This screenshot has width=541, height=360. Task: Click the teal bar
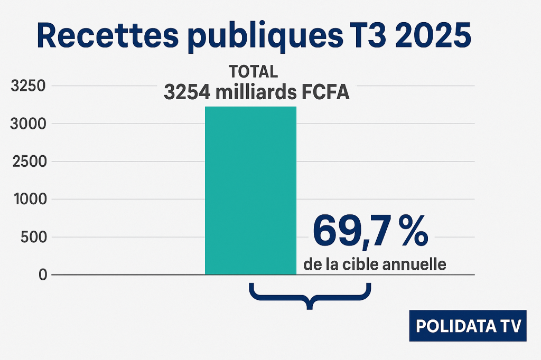tap(250, 190)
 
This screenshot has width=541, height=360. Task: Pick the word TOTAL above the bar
tap(253, 71)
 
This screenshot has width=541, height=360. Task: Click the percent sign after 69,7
tap(413, 232)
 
